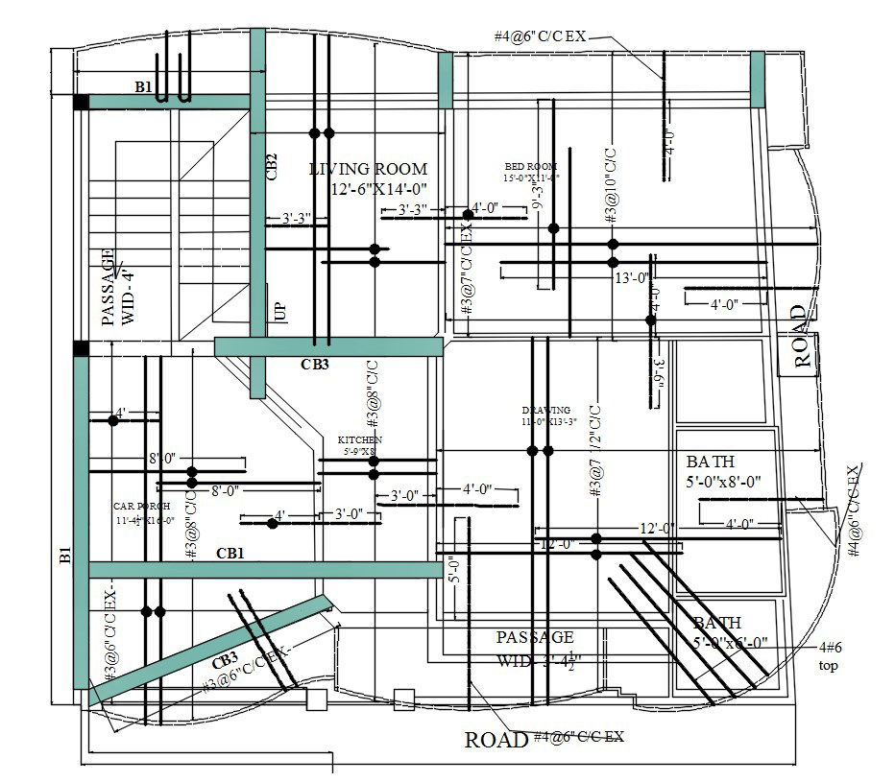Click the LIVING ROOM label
[x=369, y=169]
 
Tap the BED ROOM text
[x=529, y=165]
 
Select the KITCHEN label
[x=359, y=439]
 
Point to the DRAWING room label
[x=546, y=410]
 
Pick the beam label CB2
[x=272, y=167]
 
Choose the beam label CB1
[x=230, y=554]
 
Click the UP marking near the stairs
[x=280, y=312]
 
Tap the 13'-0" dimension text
[x=633, y=278]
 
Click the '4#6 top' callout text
[x=830, y=656]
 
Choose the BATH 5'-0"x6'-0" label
[x=730, y=633]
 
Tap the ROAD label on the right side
[x=800, y=337]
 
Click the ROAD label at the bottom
[x=496, y=740]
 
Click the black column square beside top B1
[x=82, y=102]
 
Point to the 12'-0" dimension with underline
[x=658, y=528]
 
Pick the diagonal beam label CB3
[x=225, y=661]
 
